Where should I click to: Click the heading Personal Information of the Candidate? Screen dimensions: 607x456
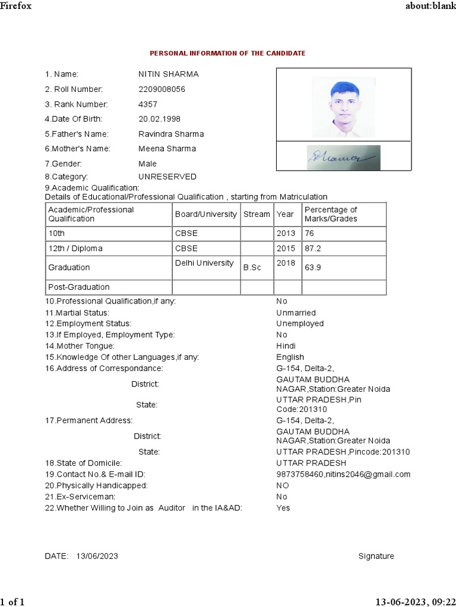click(227, 53)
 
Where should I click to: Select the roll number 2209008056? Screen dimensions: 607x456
click(161, 90)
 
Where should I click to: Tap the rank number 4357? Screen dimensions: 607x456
click(148, 104)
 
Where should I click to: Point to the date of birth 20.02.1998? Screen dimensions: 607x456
click(159, 119)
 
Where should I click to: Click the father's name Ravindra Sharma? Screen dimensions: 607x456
click(171, 134)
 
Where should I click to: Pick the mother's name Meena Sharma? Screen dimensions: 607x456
click(167, 149)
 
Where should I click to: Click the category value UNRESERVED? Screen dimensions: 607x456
click(167, 177)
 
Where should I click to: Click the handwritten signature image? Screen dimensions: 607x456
click(344, 158)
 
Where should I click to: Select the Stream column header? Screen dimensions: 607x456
click(256, 214)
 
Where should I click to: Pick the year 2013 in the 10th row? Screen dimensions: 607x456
click(286, 234)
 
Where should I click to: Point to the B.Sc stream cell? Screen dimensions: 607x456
click(252, 268)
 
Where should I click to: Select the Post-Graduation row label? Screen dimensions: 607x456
click(79, 287)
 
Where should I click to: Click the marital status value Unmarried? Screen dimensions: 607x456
click(296, 313)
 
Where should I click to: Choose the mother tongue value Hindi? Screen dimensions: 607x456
click(286, 346)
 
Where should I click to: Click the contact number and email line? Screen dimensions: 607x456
click(343, 474)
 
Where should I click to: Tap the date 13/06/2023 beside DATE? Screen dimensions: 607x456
click(97, 556)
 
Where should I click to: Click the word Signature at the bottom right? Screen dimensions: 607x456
click(376, 556)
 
